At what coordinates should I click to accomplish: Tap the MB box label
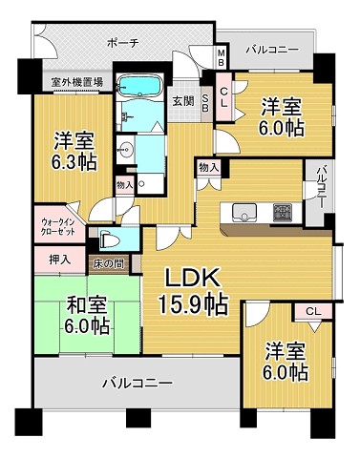[221, 57]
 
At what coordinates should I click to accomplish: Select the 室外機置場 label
[65, 83]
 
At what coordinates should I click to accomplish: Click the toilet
[108, 240]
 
